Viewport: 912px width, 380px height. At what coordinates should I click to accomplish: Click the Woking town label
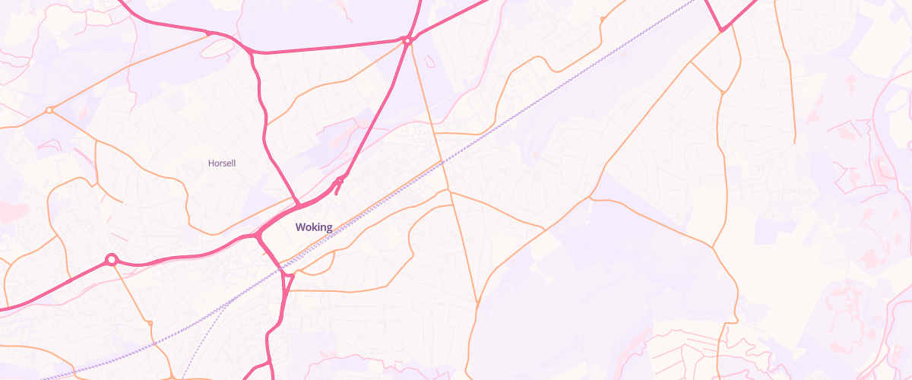tap(314, 226)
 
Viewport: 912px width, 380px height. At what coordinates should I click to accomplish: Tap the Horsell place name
tap(222, 163)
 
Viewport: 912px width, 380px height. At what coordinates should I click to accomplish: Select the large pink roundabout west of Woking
tap(112, 260)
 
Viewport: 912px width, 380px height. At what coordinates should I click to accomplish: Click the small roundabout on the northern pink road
tap(407, 40)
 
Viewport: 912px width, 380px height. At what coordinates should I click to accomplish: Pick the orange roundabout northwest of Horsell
tap(49, 110)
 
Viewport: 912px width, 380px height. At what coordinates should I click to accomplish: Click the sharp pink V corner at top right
tap(722, 31)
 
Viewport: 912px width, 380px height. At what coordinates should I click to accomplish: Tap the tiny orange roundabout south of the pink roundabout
tap(150, 324)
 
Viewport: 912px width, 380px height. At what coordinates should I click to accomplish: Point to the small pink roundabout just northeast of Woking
tap(339, 180)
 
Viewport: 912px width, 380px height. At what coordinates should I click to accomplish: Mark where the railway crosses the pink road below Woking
tap(281, 268)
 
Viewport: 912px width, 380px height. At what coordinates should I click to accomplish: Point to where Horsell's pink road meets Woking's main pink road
tap(296, 204)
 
